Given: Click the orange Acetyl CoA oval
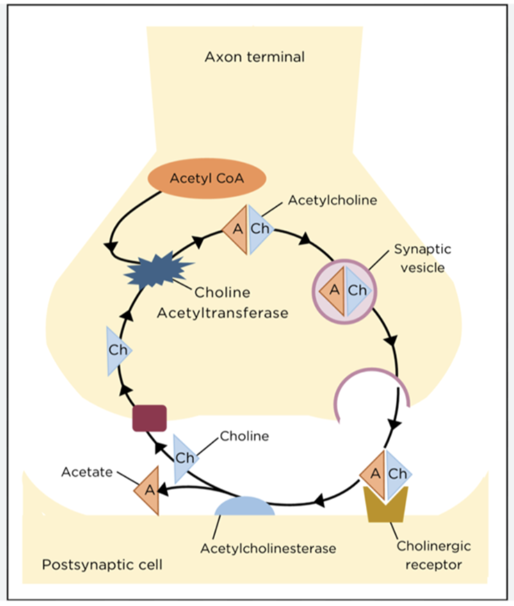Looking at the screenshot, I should point(207,178).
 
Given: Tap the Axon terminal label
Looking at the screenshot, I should point(254,58).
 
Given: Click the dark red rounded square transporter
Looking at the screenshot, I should point(149,418).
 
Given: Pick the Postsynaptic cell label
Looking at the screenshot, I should point(102,564).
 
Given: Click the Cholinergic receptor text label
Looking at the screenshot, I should point(433,555).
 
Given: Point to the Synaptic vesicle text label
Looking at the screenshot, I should point(422,258).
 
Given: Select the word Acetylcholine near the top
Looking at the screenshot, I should point(332,200).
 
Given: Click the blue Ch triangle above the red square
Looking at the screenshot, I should point(117,350).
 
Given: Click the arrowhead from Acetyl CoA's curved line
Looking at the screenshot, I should point(111,246).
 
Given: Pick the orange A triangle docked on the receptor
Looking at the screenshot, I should point(373,473).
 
